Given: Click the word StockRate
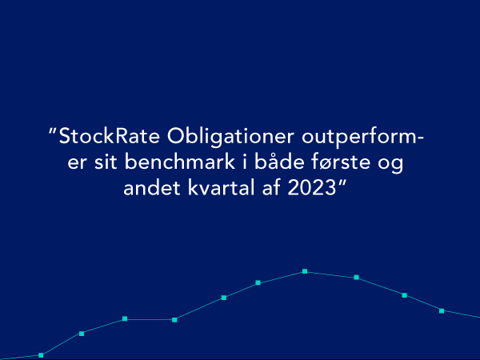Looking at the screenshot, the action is (109, 136).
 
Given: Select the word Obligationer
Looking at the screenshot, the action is (230, 137).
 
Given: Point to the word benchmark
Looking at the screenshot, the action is (180, 162).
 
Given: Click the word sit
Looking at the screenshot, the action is (106, 162).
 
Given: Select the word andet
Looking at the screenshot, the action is (152, 187).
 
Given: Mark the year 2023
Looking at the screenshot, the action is (312, 188).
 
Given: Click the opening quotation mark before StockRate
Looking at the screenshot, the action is (53, 132).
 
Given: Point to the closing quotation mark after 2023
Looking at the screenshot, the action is (342, 183).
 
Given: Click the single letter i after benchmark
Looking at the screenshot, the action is (245, 162).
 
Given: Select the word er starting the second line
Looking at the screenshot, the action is (77, 164).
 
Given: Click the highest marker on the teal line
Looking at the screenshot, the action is (305, 271).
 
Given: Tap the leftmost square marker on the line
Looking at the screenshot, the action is (41, 355).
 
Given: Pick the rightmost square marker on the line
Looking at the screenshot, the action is (442, 311).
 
